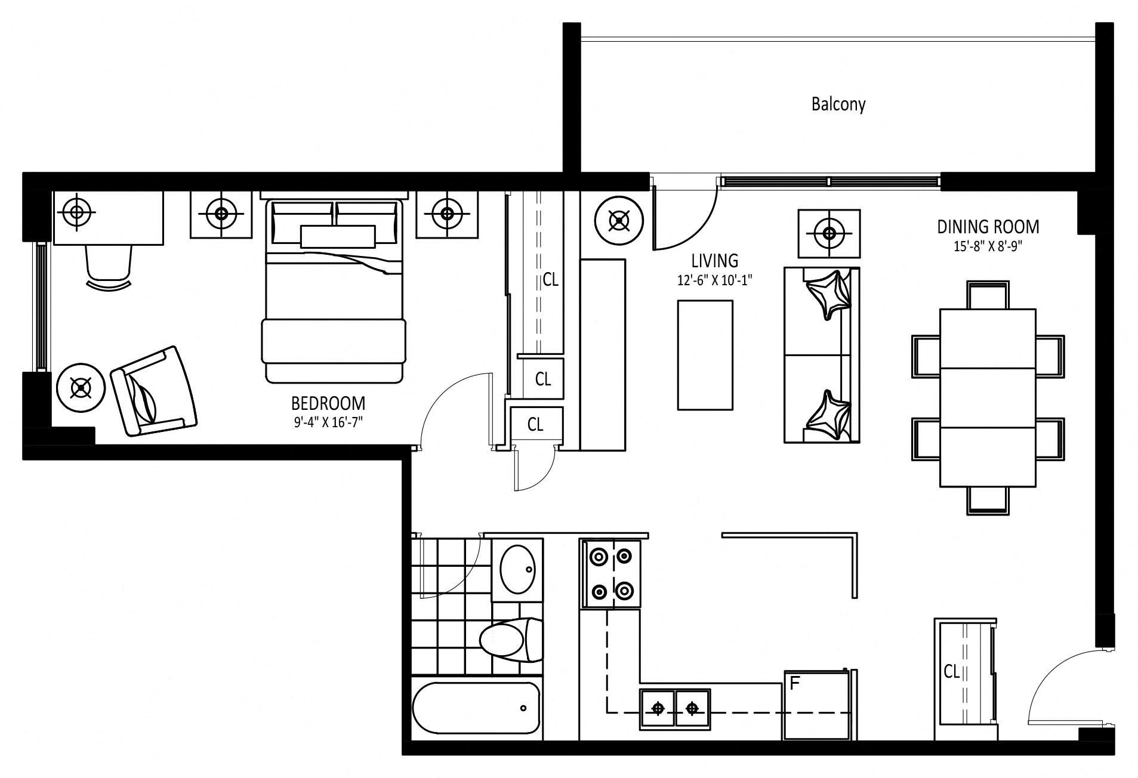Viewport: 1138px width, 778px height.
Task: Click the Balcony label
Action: tap(838, 104)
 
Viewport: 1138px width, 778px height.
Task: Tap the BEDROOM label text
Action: tap(328, 403)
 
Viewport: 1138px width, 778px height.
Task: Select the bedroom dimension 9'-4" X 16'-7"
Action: tap(328, 422)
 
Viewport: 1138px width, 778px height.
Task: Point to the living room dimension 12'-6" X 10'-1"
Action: tap(714, 280)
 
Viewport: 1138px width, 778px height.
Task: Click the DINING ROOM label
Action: tap(988, 227)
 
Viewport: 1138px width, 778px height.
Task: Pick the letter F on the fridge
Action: tap(794, 683)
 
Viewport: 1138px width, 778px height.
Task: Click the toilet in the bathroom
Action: tap(511, 640)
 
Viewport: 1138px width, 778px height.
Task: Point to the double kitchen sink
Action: tap(675, 709)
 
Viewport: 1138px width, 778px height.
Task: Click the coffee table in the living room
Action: tap(705, 355)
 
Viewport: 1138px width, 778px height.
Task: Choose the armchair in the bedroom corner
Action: tap(153, 391)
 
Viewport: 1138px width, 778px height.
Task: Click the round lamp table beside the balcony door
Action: tap(619, 221)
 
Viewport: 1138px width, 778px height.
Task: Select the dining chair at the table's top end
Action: tap(988, 295)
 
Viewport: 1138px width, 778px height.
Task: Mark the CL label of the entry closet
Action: tap(951, 672)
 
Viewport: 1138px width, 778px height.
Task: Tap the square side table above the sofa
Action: tap(829, 233)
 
